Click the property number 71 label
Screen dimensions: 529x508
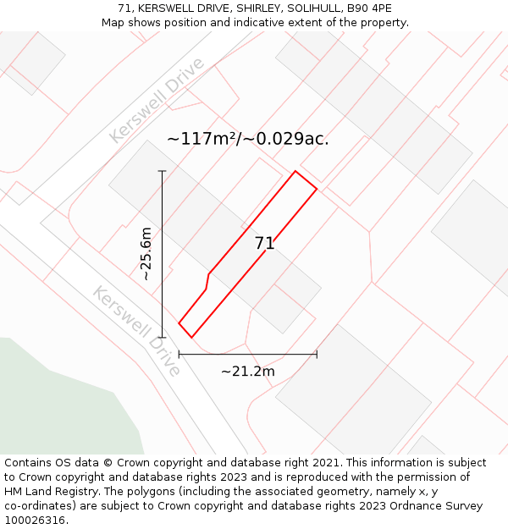264,244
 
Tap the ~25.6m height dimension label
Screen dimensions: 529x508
146,254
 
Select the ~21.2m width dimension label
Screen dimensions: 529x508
247,372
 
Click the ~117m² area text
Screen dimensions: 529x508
202,139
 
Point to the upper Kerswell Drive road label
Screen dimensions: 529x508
157,100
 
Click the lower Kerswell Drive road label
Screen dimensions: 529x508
136,331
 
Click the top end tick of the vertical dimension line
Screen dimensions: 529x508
162,171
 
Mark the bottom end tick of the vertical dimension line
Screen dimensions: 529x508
162,337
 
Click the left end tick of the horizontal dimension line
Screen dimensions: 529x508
179,355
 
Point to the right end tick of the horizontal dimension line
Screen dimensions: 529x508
317,355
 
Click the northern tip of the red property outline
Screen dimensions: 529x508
295,172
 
